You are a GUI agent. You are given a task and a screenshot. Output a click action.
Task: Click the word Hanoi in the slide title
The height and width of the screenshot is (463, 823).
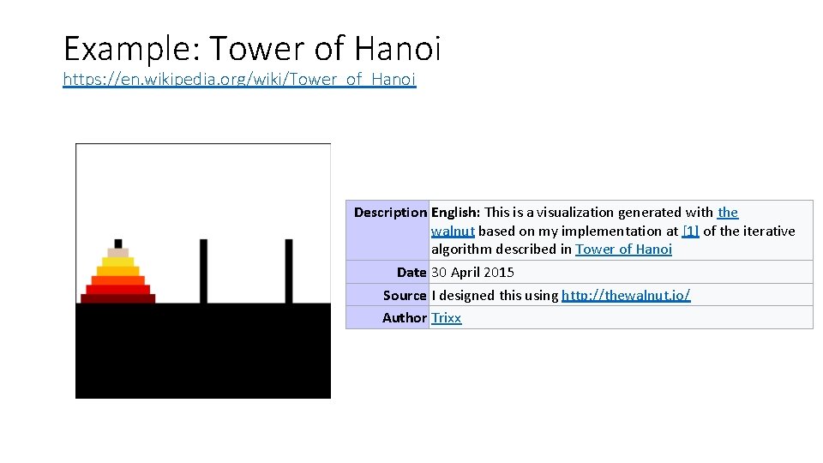coord(395,48)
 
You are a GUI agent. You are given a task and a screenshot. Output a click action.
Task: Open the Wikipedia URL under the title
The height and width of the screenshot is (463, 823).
coord(239,80)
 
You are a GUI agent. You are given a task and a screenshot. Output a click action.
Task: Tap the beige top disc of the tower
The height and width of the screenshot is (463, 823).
coord(117,253)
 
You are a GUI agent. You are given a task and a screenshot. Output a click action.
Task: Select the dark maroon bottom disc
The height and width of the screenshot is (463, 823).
coord(117,298)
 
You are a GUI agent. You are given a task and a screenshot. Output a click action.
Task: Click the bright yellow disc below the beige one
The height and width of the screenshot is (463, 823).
coord(117,262)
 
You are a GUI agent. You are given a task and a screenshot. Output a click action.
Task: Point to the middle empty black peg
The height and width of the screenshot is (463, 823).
coord(203,270)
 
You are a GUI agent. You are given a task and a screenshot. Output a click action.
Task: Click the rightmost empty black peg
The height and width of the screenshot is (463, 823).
coord(289,270)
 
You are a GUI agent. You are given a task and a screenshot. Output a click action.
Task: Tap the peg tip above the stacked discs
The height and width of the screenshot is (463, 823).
coord(117,244)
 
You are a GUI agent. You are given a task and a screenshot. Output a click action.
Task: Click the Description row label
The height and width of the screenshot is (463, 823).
coord(390,212)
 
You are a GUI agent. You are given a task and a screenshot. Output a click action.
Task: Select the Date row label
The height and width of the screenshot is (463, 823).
coord(411,272)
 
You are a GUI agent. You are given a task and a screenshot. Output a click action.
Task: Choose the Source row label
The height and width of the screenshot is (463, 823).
coord(405,295)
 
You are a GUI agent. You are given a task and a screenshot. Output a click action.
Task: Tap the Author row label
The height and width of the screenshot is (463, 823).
coord(405,317)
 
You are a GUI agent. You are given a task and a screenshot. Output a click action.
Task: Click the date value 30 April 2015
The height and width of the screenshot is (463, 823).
coord(472,272)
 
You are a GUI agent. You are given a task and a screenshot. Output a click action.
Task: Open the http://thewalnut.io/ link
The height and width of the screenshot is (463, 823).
coord(626,295)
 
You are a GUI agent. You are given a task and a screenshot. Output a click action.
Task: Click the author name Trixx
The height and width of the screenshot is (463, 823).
coord(446,317)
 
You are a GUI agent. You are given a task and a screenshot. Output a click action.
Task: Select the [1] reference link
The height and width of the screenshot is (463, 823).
coord(690,231)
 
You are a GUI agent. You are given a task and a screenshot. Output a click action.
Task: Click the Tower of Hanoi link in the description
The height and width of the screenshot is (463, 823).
coord(623,250)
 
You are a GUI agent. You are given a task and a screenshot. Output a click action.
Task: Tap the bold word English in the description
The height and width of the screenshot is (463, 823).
coord(456,212)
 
